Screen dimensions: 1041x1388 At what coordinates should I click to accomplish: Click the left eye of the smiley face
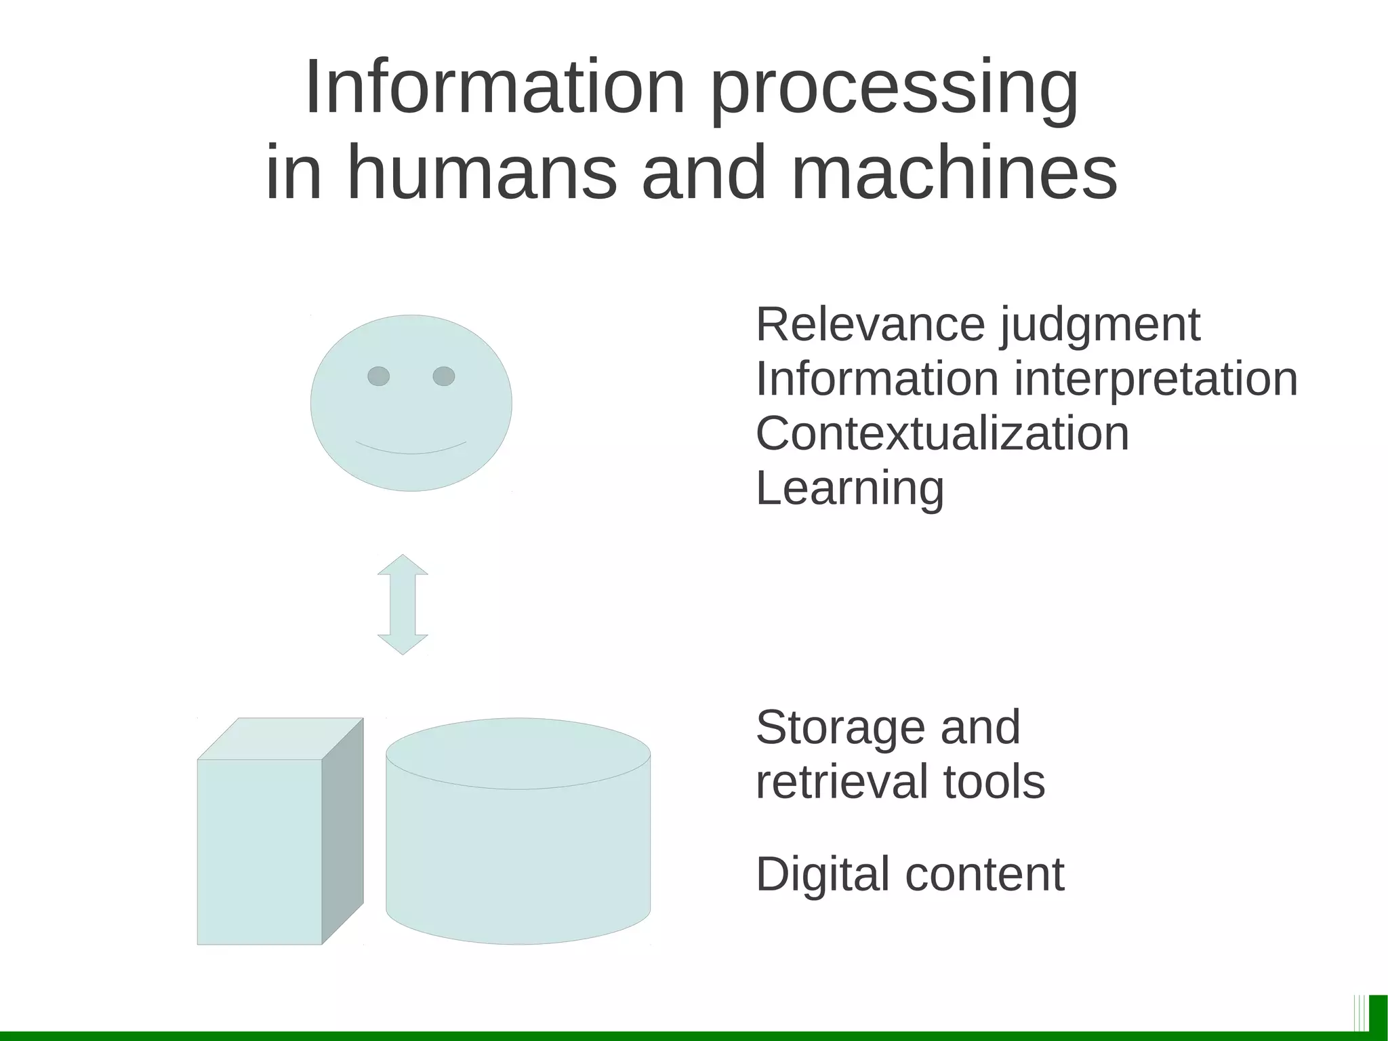coord(378,376)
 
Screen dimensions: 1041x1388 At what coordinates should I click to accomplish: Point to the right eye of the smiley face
coord(443,376)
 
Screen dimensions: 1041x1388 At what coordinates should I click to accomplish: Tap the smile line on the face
coord(411,450)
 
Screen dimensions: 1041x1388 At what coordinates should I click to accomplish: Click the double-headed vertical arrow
coord(403,604)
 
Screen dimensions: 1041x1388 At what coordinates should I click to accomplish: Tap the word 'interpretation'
coord(1156,380)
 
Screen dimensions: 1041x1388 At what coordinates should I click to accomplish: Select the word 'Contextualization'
coord(942,433)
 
